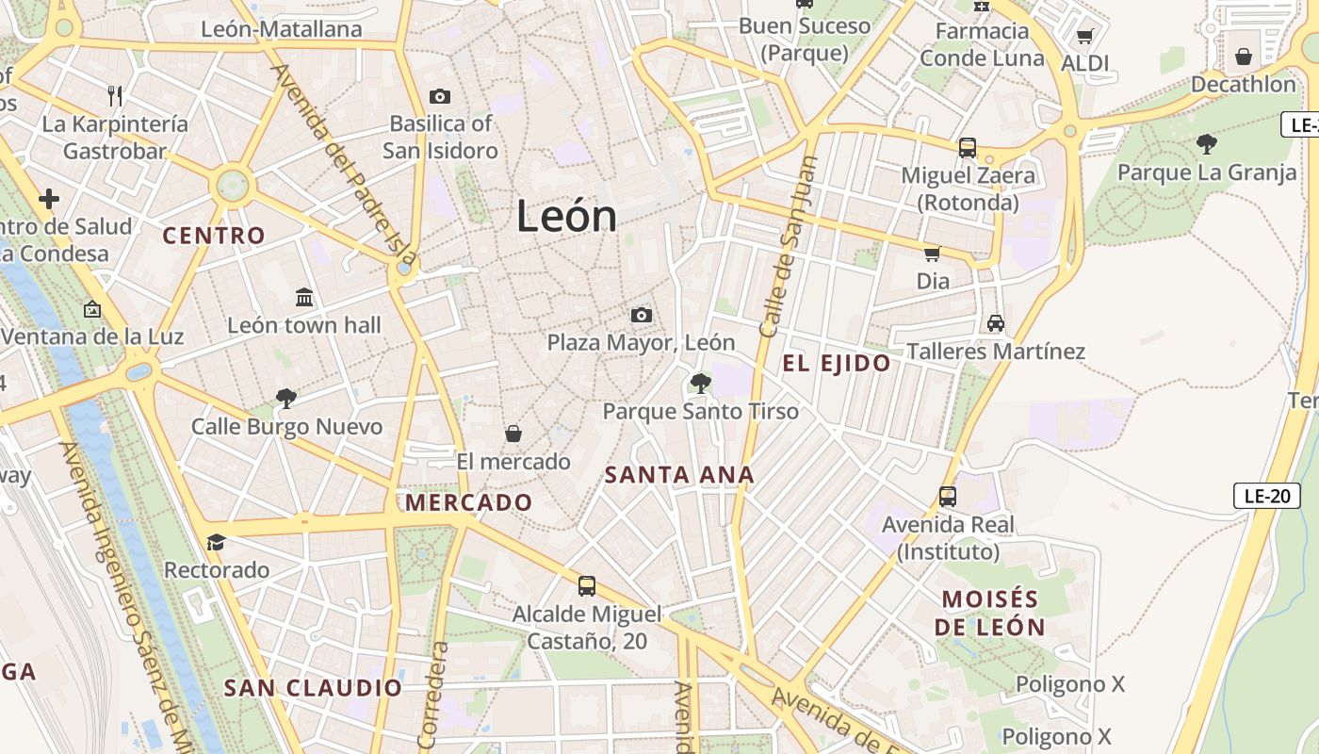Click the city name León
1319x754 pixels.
(x=566, y=217)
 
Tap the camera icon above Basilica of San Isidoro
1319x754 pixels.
(x=440, y=96)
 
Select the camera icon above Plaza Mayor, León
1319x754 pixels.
(x=641, y=315)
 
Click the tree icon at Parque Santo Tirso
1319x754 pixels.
(x=700, y=383)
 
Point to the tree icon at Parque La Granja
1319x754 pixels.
(x=1206, y=144)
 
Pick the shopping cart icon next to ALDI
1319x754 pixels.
(x=1084, y=37)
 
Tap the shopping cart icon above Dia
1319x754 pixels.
(x=933, y=254)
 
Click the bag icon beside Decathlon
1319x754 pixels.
(x=1244, y=57)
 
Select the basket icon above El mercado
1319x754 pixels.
(x=513, y=434)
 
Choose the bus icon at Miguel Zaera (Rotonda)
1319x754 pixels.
(x=968, y=148)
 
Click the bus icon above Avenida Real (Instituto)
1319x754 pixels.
(x=948, y=496)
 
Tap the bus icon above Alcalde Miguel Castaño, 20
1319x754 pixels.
(x=587, y=585)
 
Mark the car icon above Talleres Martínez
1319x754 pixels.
(x=996, y=323)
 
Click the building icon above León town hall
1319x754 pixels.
(x=304, y=298)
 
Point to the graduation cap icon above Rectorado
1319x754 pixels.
(x=217, y=542)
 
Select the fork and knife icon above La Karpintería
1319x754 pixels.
(x=115, y=95)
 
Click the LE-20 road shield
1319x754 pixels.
(x=1266, y=496)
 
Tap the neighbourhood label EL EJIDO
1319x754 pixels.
(x=837, y=364)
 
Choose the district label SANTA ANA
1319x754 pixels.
(x=679, y=475)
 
